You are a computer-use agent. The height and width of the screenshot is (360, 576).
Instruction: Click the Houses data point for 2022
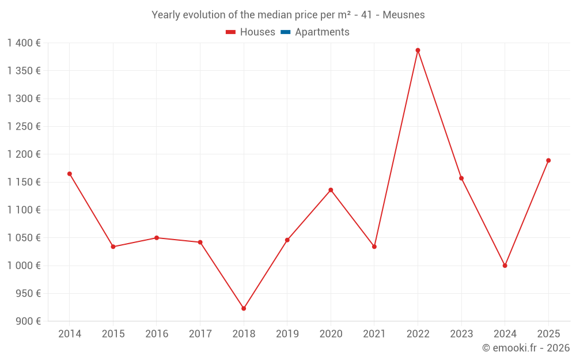tap(418, 50)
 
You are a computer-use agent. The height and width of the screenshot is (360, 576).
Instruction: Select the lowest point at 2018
tap(244, 308)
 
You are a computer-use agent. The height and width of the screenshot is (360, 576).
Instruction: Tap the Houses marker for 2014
tap(70, 173)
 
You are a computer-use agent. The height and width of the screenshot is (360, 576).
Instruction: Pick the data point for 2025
tap(548, 160)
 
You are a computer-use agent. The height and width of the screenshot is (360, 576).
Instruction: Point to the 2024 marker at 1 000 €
tap(505, 266)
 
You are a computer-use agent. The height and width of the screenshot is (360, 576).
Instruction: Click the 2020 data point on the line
tap(331, 190)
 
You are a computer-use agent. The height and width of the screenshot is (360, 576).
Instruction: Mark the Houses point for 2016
tap(157, 237)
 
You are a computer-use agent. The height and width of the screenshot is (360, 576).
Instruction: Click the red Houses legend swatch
tap(230, 32)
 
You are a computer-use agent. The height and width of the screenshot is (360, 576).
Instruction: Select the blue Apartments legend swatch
tap(285, 32)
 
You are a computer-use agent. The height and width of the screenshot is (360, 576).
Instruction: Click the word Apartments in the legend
tap(322, 32)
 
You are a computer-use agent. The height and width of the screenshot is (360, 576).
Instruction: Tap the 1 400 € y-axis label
tap(24, 43)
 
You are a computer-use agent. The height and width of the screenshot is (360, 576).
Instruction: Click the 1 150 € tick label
tap(24, 182)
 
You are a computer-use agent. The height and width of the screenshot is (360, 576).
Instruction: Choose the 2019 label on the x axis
tap(287, 334)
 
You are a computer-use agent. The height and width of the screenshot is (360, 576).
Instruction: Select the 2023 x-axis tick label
tap(461, 334)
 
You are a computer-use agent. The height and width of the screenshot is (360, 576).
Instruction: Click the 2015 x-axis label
tap(113, 334)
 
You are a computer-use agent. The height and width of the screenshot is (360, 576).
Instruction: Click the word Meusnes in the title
tap(406, 15)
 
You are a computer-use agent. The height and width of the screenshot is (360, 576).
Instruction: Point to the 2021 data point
tap(374, 247)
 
